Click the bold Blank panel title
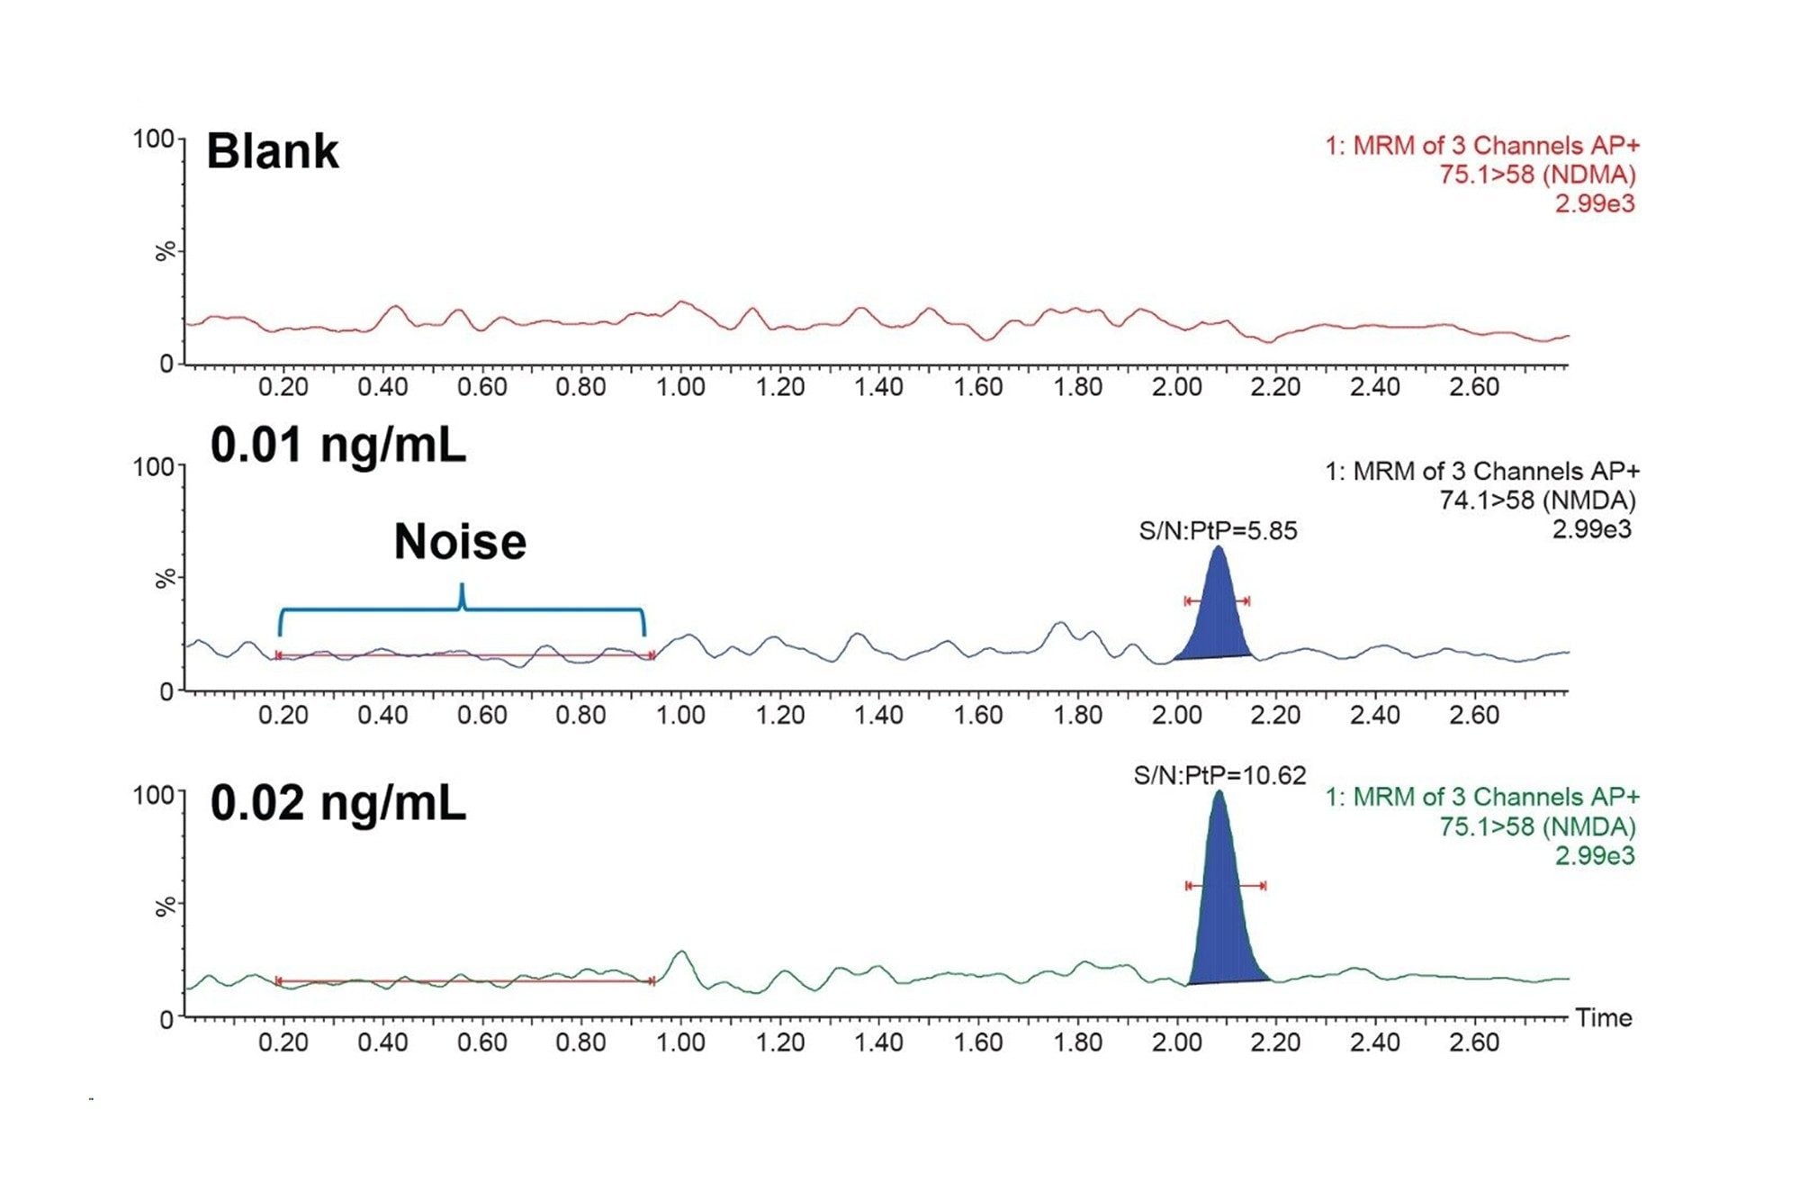coord(273,151)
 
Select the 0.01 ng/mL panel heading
coord(338,445)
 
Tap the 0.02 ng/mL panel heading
coord(338,803)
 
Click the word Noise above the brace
coord(460,542)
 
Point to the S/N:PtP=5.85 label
coord(1218,531)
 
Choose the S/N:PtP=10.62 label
coord(1219,775)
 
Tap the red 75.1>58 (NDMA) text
coord(1537,175)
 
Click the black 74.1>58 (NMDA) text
coord(1537,501)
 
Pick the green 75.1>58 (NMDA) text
coord(1537,826)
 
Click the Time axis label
coord(1603,1018)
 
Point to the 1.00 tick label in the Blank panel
coord(680,387)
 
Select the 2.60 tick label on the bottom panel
coord(1473,1042)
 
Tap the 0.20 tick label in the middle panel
coord(283,716)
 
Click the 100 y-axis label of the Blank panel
coord(153,139)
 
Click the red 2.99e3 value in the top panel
coord(1595,203)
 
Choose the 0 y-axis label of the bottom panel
coord(166,1020)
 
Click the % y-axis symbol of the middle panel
coord(165,578)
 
